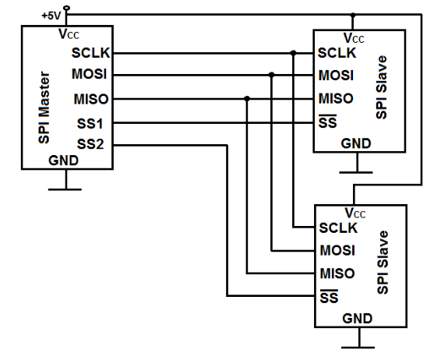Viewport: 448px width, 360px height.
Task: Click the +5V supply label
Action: [51, 16]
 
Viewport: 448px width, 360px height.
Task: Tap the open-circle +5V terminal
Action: [66, 8]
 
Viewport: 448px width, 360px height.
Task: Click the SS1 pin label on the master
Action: [90, 124]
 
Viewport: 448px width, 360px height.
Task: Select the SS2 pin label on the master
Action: [90, 144]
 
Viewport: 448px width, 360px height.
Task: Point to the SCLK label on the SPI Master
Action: [90, 53]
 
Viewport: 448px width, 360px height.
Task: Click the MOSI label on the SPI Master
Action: [89, 74]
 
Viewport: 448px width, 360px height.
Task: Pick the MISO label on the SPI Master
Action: [91, 99]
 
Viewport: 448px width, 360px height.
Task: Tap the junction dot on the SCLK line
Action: [293, 53]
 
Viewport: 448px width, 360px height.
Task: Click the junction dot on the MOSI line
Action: [271, 75]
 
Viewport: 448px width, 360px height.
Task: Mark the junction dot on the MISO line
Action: [247, 99]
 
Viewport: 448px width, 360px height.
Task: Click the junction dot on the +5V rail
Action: [353, 15]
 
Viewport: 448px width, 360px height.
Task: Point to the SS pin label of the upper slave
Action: [328, 122]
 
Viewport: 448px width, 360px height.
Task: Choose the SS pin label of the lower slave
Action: [329, 297]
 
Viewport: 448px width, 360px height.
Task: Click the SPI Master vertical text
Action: [44, 108]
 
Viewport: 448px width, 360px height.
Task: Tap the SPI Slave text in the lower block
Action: [383, 263]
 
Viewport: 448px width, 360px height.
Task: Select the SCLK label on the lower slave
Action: [338, 228]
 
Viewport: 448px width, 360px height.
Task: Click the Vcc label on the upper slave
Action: [354, 38]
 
